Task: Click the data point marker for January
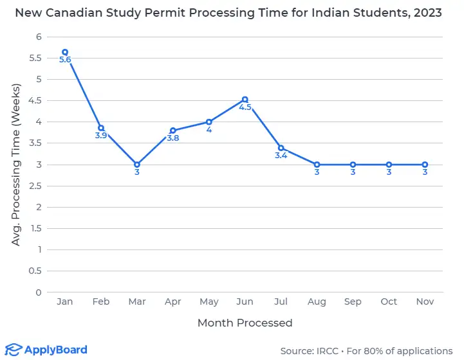[x=65, y=52]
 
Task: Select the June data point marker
[x=245, y=100]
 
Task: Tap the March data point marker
[x=137, y=165]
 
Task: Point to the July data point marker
[x=281, y=148]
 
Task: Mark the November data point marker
[x=425, y=165]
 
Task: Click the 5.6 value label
[x=65, y=60]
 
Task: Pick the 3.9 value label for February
[x=101, y=136]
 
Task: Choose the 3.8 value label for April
[x=173, y=138]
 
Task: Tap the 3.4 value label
[x=281, y=156]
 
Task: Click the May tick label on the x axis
[x=209, y=301]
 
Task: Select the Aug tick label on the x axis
[x=317, y=301]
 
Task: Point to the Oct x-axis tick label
[x=389, y=301]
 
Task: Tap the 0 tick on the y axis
[x=39, y=292]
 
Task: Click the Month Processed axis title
[x=245, y=323]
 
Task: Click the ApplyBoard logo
[x=46, y=350]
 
